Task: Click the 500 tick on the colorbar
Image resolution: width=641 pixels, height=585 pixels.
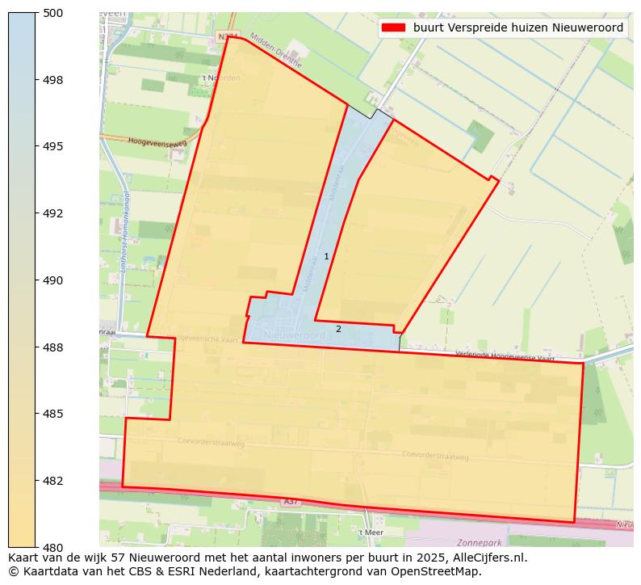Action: click(x=53, y=13)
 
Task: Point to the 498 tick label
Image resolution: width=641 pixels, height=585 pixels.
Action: click(x=53, y=80)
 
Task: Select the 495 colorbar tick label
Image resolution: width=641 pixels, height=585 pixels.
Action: click(x=53, y=146)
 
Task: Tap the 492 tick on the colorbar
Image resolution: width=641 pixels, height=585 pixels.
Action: click(x=53, y=213)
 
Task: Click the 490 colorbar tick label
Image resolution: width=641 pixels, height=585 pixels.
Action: click(x=53, y=280)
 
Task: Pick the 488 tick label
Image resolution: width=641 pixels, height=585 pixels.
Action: click(x=53, y=347)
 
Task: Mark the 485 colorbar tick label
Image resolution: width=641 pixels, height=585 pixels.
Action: click(x=53, y=414)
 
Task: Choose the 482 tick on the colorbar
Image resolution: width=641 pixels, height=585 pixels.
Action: click(x=53, y=481)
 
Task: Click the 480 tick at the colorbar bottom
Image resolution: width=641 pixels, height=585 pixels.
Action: click(x=53, y=547)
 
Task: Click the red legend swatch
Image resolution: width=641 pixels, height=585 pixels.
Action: click(x=393, y=27)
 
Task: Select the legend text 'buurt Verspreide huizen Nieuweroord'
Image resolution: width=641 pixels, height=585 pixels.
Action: click(x=517, y=27)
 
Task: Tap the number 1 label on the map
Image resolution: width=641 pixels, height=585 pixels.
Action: click(x=326, y=256)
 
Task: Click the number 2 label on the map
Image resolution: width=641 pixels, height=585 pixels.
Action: click(x=338, y=329)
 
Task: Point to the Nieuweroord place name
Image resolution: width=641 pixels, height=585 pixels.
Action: click(x=291, y=334)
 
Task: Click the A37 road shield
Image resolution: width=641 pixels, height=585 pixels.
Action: click(x=291, y=502)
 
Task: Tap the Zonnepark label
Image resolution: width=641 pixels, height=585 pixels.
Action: click(x=479, y=543)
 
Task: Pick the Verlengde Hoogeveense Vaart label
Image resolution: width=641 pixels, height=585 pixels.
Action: click(x=505, y=356)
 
